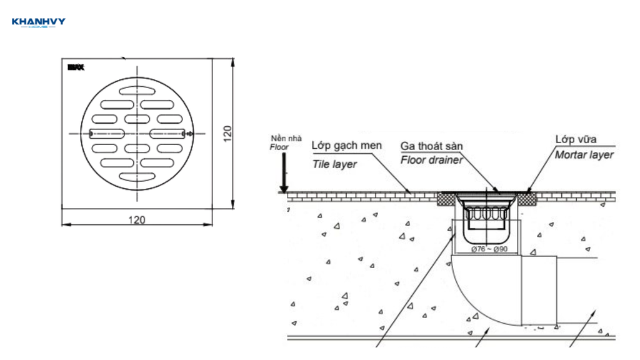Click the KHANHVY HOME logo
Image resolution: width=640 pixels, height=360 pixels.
[38, 23]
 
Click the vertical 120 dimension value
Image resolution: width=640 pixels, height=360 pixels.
[227, 132]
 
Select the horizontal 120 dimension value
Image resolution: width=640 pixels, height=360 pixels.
[137, 219]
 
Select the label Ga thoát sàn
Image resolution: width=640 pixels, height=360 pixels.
[431, 146]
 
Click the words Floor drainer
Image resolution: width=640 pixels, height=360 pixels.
[431, 160]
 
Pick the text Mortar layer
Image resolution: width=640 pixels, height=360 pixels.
[584, 154]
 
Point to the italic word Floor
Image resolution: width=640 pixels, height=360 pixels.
[279, 147]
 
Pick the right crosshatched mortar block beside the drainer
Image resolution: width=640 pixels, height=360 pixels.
[529, 198]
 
